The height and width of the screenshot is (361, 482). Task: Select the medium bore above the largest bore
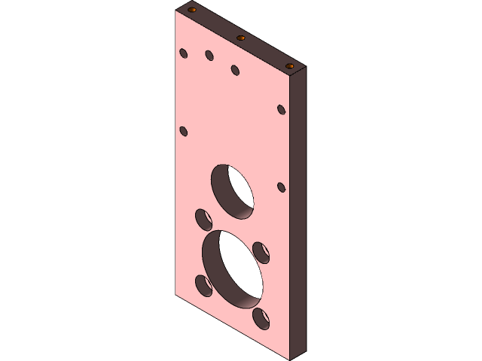click(x=232, y=192)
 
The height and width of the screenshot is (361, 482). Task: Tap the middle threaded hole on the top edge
click(x=241, y=38)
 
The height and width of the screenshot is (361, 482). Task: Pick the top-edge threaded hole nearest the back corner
click(x=192, y=11)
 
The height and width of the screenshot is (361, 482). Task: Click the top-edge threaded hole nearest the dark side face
click(x=291, y=66)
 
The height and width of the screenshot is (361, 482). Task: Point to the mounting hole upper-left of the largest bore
click(x=203, y=219)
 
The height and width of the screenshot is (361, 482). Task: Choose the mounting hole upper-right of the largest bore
click(x=261, y=251)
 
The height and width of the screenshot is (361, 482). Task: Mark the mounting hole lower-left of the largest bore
click(x=203, y=286)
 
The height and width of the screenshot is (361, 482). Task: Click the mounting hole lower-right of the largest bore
click(x=261, y=318)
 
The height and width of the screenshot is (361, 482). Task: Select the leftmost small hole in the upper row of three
click(x=183, y=53)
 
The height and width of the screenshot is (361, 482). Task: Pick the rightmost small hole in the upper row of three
click(x=235, y=70)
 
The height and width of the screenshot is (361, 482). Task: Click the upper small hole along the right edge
click(x=282, y=110)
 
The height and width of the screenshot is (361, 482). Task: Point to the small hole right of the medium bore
click(x=282, y=187)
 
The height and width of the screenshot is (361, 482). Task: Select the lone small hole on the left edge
click(x=183, y=132)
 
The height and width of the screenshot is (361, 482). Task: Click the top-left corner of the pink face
click(x=174, y=13)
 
